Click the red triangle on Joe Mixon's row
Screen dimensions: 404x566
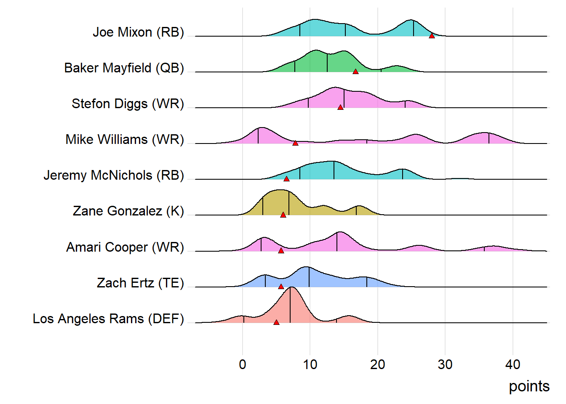point(432,36)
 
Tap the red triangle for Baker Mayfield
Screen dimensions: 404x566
point(355,72)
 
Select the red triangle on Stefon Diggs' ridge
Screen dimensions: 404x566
point(340,107)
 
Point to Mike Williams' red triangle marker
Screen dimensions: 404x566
point(295,143)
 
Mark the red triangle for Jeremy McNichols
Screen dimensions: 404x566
point(286,179)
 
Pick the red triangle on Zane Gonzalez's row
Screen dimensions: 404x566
point(283,215)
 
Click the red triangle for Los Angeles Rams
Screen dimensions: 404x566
point(276,322)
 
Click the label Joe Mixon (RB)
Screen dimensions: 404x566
point(138,32)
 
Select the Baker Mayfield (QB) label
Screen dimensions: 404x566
point(124,68)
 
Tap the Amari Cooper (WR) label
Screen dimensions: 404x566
point(125,247)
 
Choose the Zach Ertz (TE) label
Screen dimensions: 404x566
point(140,283)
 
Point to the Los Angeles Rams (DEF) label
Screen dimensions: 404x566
point(108,319)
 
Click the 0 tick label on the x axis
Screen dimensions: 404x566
point(243,364)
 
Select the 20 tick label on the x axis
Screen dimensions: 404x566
point(378,364)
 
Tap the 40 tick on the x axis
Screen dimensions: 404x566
point(513,364)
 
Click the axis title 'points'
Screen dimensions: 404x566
point(529,386)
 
